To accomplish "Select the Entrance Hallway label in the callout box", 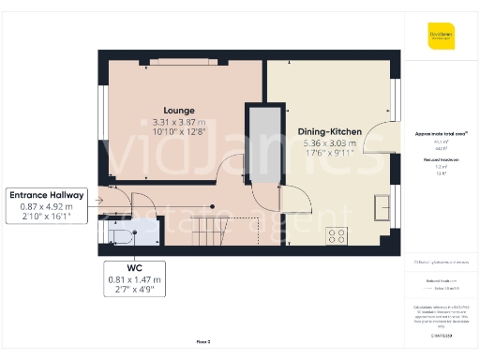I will tap(48, 195).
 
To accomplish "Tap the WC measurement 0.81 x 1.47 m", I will tap(132, 278).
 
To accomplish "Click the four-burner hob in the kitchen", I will tap(336, 236).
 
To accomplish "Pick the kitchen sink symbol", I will tap(382, 206).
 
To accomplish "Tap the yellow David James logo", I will tap(441, 37).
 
